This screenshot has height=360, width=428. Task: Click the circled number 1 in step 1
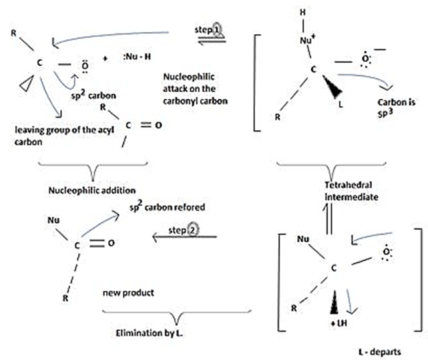point(216,31)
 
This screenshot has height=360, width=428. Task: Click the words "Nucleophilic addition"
point(84,189)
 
